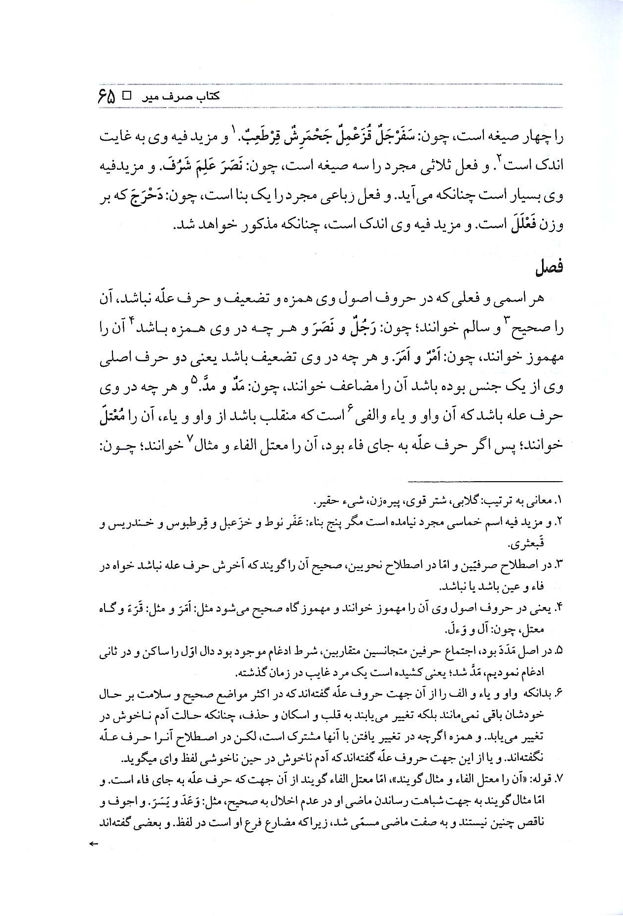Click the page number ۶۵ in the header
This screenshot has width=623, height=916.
[x=106, y=95]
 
